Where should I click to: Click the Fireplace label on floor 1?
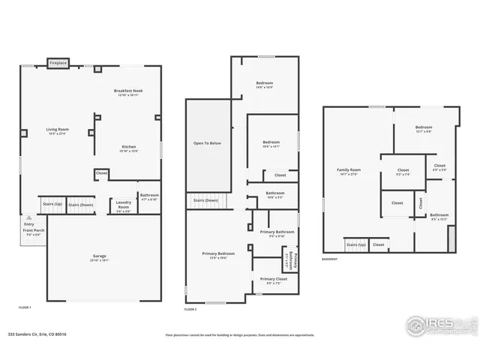coord(58,63)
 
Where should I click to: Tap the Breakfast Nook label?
coord(128,92)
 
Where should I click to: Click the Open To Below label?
coord(207,142)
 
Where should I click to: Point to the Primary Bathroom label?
coord(277,233)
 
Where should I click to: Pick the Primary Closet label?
coord(273,280)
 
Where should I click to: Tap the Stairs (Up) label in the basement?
coord(355,244)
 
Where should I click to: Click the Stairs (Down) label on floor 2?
coord(205,200)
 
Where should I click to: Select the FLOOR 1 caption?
coord(25,307)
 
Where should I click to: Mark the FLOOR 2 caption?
coord(190,309)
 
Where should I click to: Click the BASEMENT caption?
coord(330,259)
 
